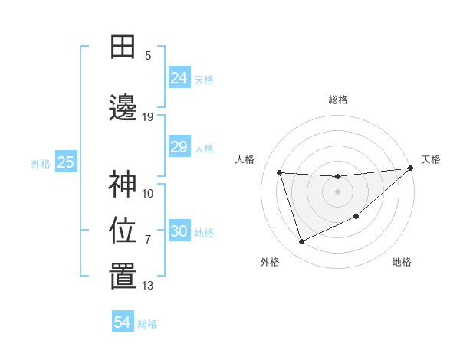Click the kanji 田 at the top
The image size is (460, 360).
point(123,47)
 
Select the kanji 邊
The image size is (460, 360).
point(123,108)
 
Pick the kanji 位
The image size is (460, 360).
point(123,231)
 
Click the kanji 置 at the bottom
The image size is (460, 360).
point(123,277)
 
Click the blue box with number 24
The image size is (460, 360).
point(179,77)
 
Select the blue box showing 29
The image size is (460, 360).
point(179,147)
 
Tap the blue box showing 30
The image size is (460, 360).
point(179,231)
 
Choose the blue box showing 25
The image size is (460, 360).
point(66,162)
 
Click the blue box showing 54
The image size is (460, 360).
point(123,322)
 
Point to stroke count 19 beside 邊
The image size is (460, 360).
point(148,117)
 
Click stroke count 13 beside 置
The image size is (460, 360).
point(148,286)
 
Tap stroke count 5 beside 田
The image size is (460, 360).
point(148,56)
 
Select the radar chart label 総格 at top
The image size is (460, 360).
point(337,100)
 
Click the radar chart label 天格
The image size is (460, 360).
point(431,159)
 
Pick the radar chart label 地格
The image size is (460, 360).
point(402,262)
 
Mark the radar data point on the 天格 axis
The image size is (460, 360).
point(410,169)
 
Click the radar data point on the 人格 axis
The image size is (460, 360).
point(280,172)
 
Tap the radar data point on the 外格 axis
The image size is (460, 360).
point(301,242)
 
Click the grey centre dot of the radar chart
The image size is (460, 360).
point(337,191)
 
